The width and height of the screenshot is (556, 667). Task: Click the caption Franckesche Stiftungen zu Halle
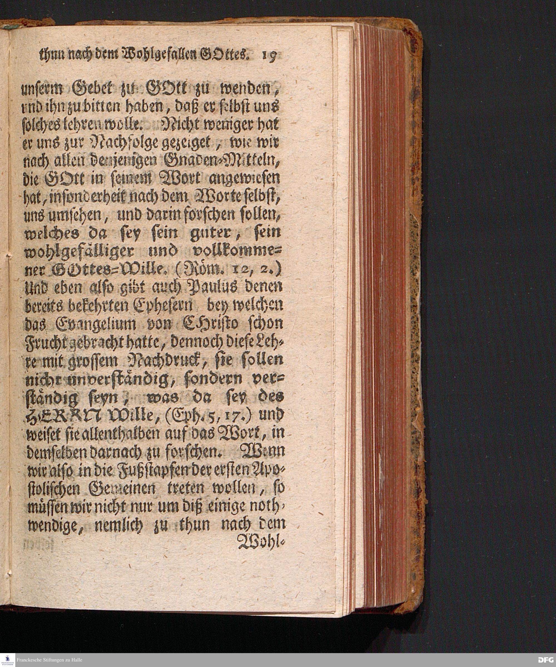tap(49, 659)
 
